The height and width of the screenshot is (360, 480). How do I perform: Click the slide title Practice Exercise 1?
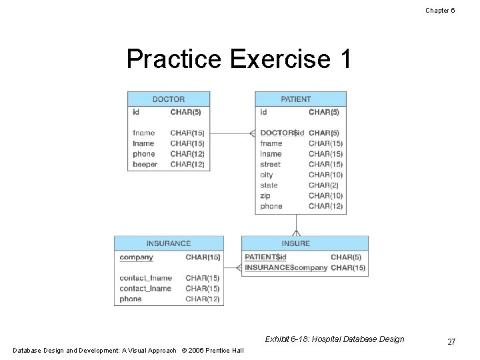coord(239,59)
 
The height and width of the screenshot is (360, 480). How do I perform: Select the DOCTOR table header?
coord(168,99)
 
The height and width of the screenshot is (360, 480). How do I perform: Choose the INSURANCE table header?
coord(168,243)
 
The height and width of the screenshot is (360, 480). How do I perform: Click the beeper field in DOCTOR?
coord(145,165)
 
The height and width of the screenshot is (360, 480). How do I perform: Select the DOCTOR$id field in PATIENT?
coord(281,133)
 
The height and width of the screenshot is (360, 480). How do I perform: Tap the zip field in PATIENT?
coord(265,196)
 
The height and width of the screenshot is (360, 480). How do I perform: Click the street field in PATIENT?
coord(270,165)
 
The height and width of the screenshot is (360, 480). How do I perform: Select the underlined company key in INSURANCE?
coord(136,257)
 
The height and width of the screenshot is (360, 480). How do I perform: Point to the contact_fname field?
coord(145,278)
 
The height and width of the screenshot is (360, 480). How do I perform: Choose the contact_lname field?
coord(145,289)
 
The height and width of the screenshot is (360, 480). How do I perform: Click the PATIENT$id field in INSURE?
coord(265,257)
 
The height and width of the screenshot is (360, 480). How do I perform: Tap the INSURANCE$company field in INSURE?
coord(286,268)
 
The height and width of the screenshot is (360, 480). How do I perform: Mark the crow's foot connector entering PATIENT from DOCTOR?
coord(252,133)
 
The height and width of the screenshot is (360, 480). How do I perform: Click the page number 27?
coord(451,342)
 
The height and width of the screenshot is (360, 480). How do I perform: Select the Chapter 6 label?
coord(440,10)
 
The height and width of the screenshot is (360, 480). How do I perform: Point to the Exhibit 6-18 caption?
coord(334,339)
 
